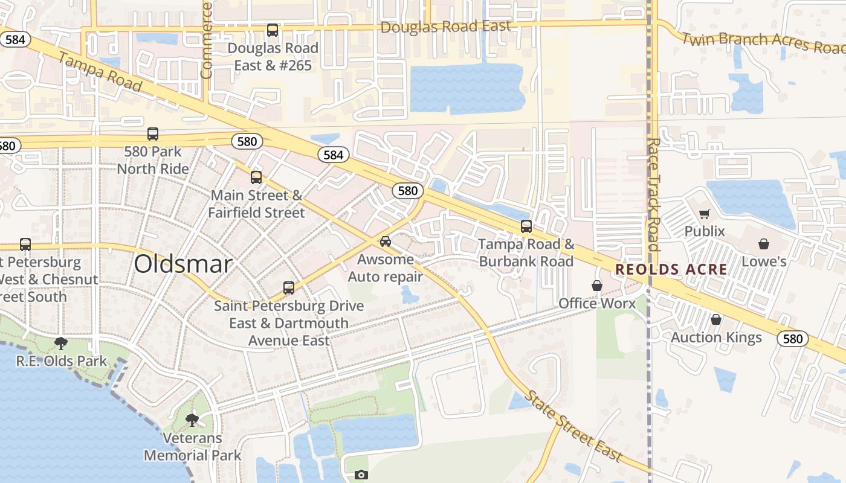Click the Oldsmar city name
point(183,264)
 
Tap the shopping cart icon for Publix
point(704,214)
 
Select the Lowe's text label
point(764,261)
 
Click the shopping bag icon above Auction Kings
point(716,319)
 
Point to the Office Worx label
point(597,303)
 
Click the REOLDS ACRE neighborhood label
point(671,269)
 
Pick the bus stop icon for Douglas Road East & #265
point(273,30)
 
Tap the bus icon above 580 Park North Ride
point(153,134)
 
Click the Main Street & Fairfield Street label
point(256,204)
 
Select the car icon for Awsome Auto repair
point(386,241)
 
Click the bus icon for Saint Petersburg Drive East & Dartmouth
point(289,287)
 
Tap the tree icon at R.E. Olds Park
point(60,344)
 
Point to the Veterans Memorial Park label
point(192,447)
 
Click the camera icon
point(361,475)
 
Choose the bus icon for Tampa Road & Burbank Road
point(526,226)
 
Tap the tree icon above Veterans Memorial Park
point(192,420)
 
